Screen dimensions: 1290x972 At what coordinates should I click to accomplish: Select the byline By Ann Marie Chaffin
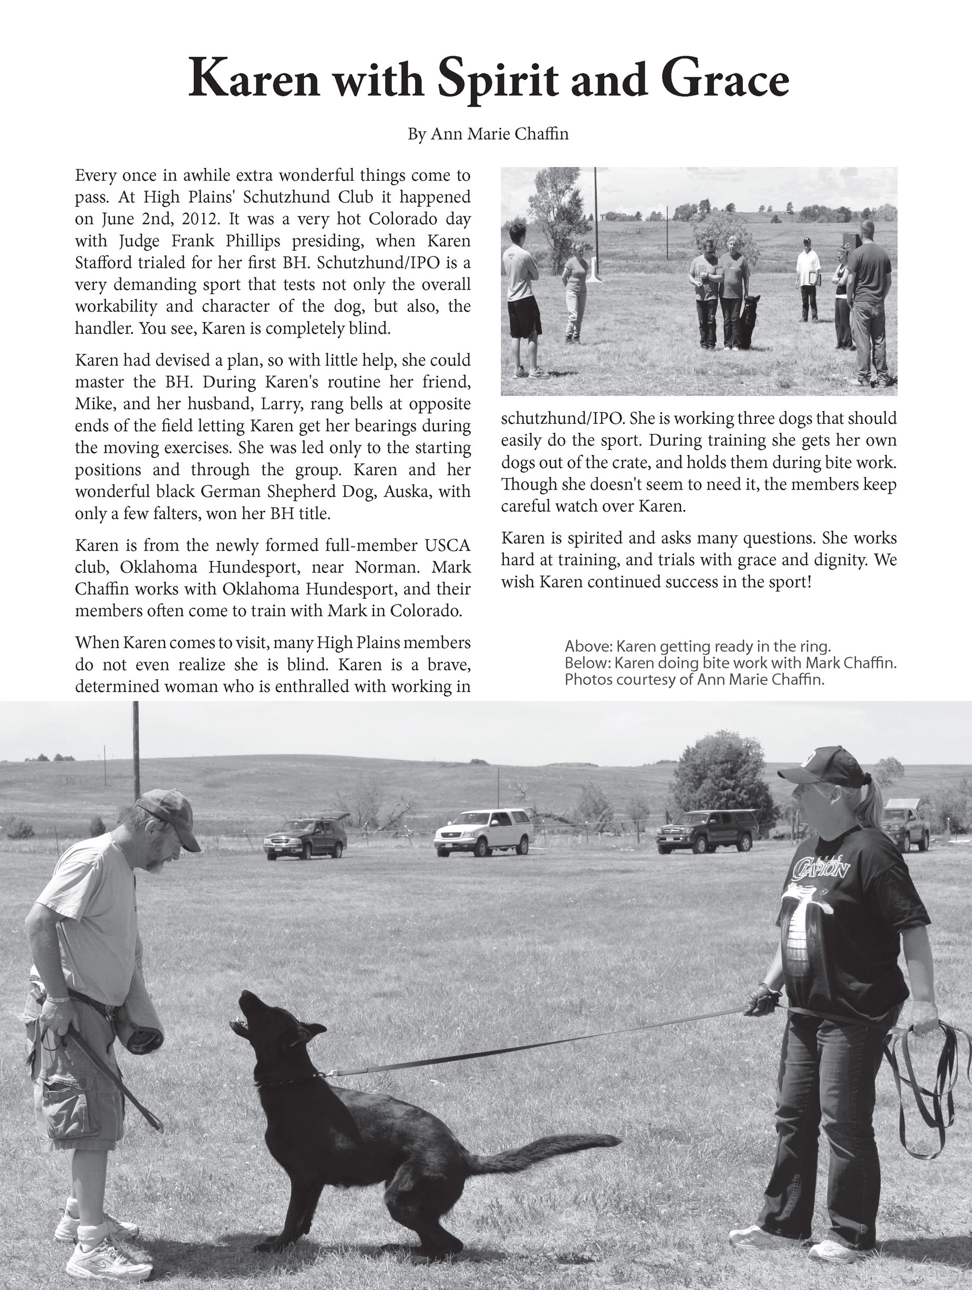[x=488, y=134]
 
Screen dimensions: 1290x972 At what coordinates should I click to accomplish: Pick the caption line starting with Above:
[x=697, y=646]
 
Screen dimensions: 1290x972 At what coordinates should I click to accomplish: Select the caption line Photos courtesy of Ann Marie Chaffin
[x=694, y=680]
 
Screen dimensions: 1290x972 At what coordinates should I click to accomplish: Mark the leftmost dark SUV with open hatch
[x=306, y=837]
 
